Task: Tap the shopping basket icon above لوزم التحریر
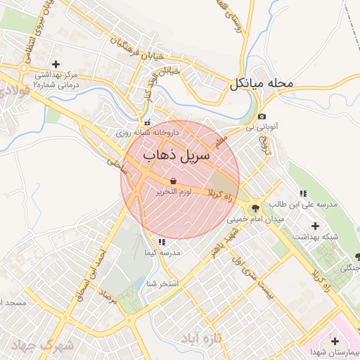(173, 181)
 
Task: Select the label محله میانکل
(260, 84)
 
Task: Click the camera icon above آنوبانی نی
(262, 117)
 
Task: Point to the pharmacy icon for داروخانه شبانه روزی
(147, 122)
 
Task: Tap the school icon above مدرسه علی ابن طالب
(303, 193)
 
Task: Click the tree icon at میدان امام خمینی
(254, 207)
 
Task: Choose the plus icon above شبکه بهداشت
(314, 226)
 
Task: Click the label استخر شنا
(162, 284)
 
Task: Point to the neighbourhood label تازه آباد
(219, 338)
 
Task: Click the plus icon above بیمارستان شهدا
(334, 341)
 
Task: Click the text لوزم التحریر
(173, 192)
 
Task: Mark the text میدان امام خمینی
(247, 219)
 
